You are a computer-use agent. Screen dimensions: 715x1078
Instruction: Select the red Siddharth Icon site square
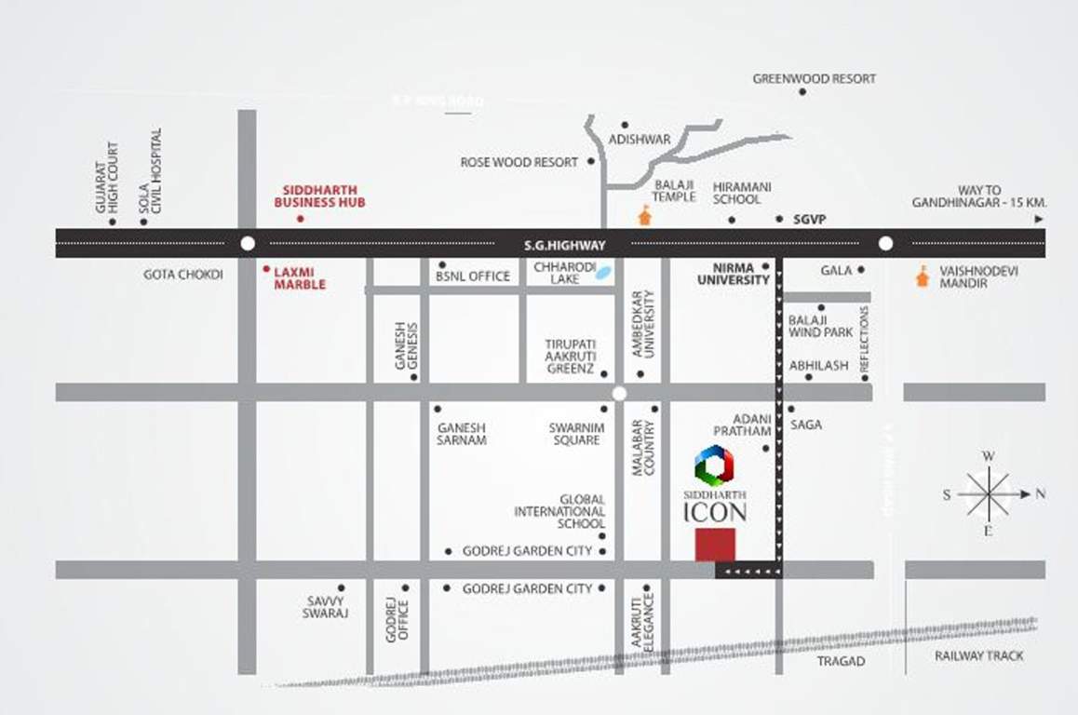coord(715,545)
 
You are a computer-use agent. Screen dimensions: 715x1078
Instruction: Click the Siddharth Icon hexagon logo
coord(715,465)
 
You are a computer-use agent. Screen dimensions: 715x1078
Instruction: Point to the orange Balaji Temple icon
coord(643,215)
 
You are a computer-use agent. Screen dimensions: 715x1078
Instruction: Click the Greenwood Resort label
coord(814,79)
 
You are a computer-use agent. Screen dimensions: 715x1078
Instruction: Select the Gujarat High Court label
coord(107,178)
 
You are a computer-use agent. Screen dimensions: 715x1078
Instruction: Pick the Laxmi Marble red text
coord(300,277)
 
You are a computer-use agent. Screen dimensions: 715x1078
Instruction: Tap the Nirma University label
coord(734,273)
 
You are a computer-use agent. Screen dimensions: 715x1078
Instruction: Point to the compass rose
coord(989,494)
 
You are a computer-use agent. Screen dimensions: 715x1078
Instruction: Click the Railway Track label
coord(978,655)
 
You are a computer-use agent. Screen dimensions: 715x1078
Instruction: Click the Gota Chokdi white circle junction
coord(247,243)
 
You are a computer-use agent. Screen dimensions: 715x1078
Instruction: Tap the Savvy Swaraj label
coord(325,607)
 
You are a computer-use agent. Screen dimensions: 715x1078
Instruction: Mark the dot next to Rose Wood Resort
coord(588,162)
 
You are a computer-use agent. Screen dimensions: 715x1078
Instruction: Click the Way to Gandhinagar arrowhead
coord(1038,220)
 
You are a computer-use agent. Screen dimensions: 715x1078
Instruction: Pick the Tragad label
coord(841,661)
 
